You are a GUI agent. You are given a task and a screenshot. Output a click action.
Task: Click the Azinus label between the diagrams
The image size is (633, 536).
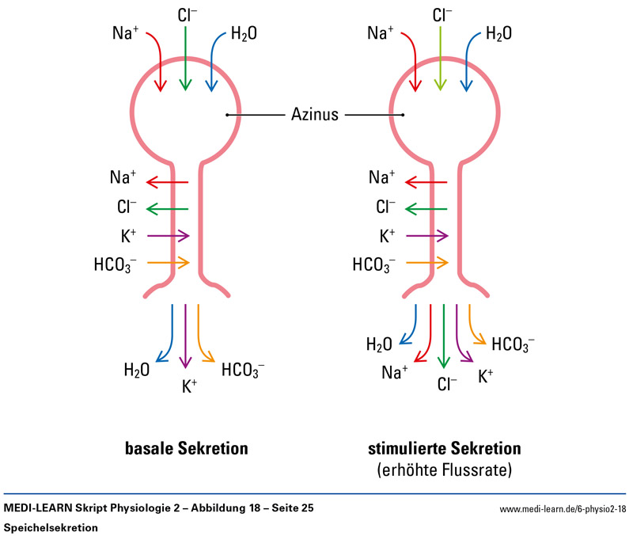click(314, 115)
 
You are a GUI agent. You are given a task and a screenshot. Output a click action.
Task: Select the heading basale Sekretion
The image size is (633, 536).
click(187, 449)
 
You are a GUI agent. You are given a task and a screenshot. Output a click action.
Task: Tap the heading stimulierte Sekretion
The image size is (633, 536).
click(444, 449)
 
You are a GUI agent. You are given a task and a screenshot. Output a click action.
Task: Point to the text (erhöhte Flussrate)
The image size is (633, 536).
click(444, 470)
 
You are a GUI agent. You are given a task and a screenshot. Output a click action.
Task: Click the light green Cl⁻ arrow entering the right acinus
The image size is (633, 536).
click(442, 59)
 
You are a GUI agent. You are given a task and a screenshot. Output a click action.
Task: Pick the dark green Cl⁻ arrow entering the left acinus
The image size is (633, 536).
click(185, 59)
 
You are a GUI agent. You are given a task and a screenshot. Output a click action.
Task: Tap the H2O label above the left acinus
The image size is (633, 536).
click(244, 34)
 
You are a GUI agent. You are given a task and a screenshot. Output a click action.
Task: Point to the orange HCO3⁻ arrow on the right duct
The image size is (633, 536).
click(427, 262)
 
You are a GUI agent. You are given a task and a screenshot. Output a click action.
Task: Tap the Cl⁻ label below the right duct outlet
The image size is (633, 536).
click(447, 385)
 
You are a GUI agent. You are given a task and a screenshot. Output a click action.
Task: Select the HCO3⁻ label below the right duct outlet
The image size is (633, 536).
click(513, 344)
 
